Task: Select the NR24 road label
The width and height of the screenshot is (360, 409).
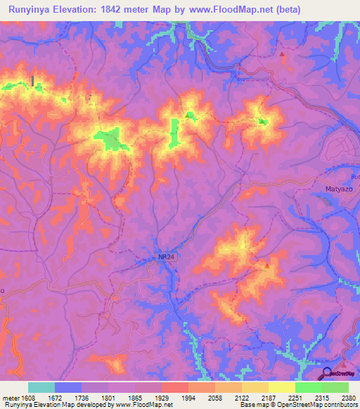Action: point(166,258)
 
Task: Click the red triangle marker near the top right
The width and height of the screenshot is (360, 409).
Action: point(283,54)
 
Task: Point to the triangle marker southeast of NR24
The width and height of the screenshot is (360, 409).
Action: point(266,266)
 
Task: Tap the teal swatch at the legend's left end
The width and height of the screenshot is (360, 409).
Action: point(41,387)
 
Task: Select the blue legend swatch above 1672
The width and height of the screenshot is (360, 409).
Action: point(68,387)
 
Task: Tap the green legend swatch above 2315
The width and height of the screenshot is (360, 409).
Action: point(309,387)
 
